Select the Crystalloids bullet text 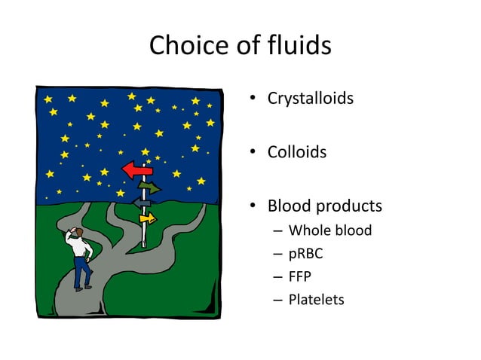(310, 98)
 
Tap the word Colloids (297, 152)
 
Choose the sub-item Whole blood (330, 230)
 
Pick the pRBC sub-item (306, 254)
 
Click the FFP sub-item (300, 276)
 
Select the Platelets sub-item (316, 300)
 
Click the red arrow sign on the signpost (137, 170)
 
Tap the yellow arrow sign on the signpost (147, 218)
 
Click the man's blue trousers (81, 271)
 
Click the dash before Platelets (277, 300)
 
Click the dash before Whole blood (277, 230)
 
